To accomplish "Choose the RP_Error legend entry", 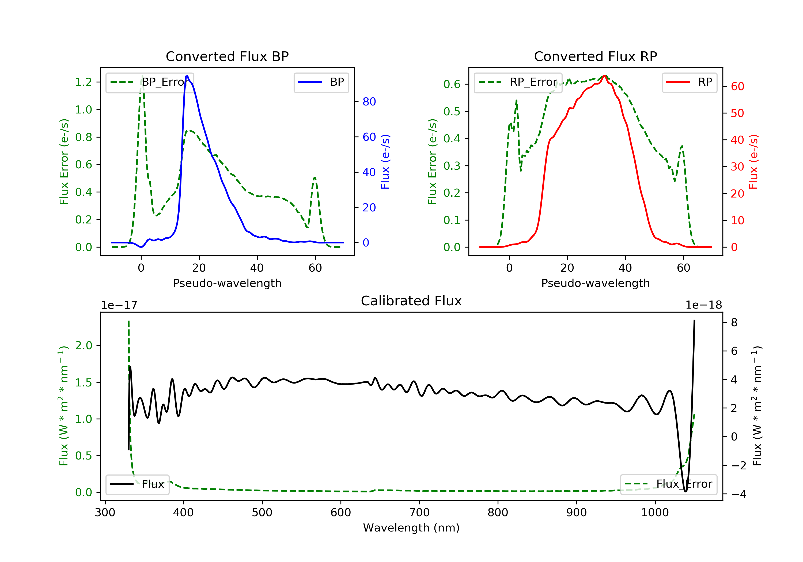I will tap(518, 82).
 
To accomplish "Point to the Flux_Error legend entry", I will tap(668, 484).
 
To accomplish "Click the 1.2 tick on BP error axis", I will tap(84, 82).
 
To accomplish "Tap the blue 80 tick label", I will tap(369, 102).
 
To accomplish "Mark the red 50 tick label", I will tap(737, 113).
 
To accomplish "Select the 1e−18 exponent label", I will tap(704, 305).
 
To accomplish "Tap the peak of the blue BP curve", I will tap(187, 76).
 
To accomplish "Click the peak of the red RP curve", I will tap(605, 76).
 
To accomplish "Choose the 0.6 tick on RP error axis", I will tap(452, 84).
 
